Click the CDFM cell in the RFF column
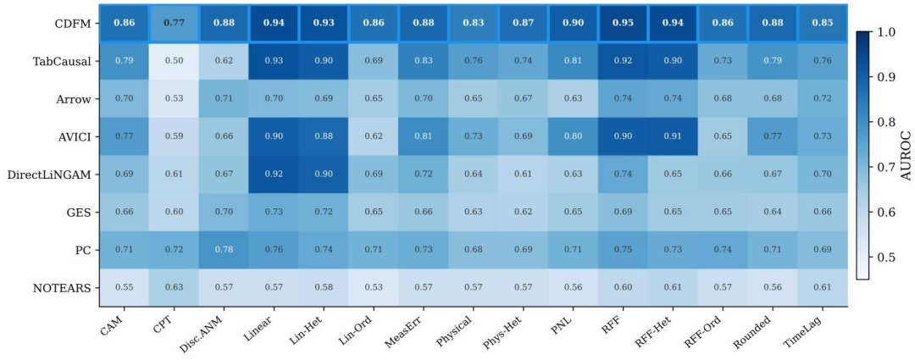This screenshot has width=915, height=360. click(x=623, y=24)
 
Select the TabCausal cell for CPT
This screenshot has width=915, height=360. click(x=174, y=61)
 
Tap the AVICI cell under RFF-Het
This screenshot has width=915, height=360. click(x=672, y=136)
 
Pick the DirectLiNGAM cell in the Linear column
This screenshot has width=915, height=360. click(x=274, y=174)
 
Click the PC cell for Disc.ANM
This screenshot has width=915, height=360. click(x=224, y=249)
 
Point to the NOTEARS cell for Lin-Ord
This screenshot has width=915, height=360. click(x=374, y=287)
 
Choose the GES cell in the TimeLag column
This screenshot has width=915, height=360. click(x=822, y=212)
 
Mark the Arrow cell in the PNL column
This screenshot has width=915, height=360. click(x=573, y=99)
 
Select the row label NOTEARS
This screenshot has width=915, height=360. click(x=65, y=288)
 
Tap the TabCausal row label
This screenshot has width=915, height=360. click(x=66, y=62)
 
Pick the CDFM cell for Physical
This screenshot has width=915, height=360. click(x=474, y=24)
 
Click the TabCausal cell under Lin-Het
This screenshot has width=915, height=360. click(x=324, y=61)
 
